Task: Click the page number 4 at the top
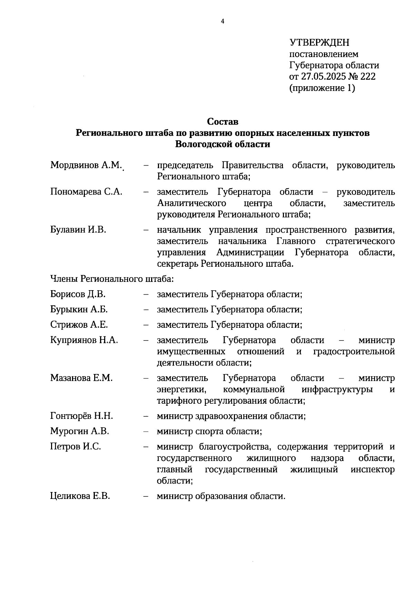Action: pyautogui.click(x=222, y=22)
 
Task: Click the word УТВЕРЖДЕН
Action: pyautogui.click(x=319, y=42)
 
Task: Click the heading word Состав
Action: pyautogui.click(x=223, y=122)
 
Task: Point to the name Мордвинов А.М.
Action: pyautogui.click(x=86, y=165)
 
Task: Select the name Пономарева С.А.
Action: pyautogui.click(x=86, y=192)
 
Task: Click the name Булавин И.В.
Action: pyautogui.click(x=78, y=230)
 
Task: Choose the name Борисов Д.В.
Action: pyautogui.click(x=78, y=294)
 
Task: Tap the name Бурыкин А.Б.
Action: pyautogui.click(x=79, y=309)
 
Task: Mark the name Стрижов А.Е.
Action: pyautogui.click(x=79, y=325)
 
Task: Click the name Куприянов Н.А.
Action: pyautogui.click(x=84, y=340)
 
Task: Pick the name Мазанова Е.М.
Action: pyautogui.click(x=81, y=378)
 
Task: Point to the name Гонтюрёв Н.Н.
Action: pyautogui.click(x=82, y=416)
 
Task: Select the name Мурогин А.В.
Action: pyautogui.click(x=80, y=431)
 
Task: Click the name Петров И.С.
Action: pyautogui.click(x=76, y=447)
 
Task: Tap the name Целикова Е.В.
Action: pyautogui.click(x=80, y=496)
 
